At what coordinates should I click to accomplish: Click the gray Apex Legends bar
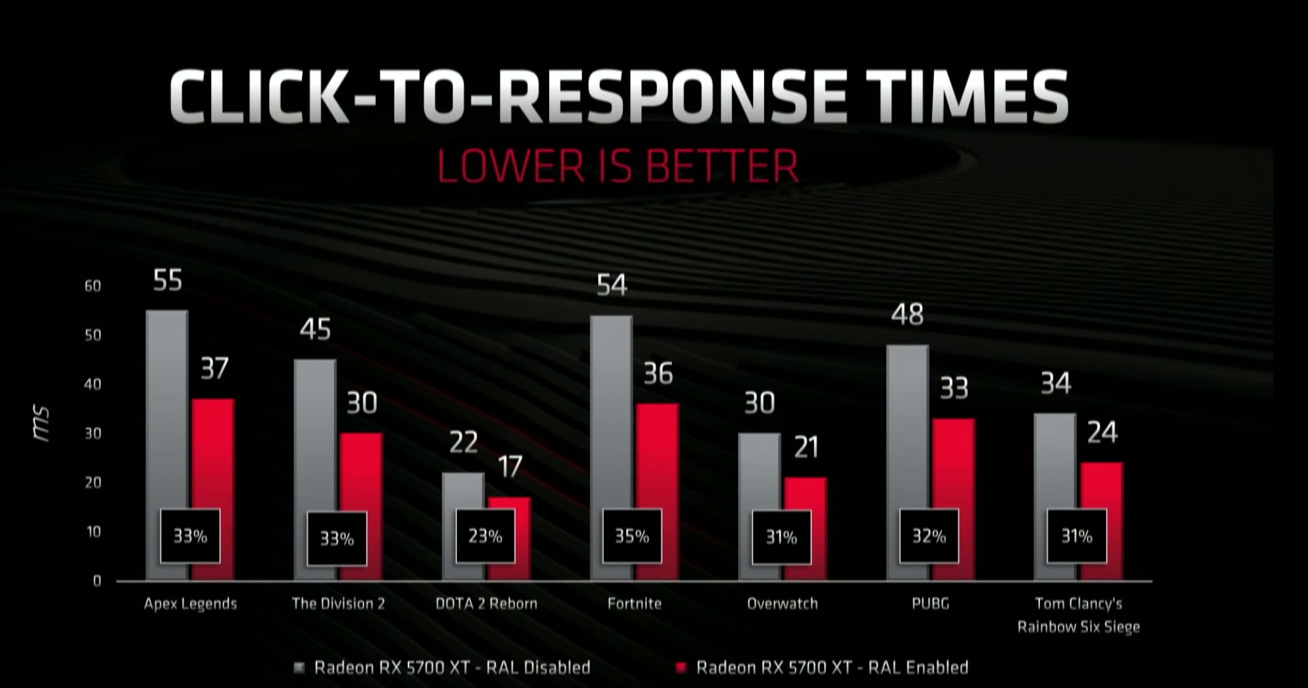(x=167, y=405)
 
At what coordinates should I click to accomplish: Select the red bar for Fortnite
(x=658, y=458)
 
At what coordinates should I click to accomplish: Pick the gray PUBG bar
(x=907, y=425)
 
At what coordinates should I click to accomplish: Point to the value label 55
(x=167, y=281)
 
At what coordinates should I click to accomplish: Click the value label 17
(x=510, y=467)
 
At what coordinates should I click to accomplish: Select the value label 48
(x=907, y=315)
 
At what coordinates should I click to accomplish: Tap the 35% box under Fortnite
(x=631, y=536)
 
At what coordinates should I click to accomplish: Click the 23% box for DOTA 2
(x=485, y=536)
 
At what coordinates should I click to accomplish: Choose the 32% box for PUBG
(x=929, y=536)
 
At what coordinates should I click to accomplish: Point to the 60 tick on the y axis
(x=93, y=286)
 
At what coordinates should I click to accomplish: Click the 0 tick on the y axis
(x=97, y=581)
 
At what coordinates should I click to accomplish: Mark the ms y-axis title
(x=42, y=424)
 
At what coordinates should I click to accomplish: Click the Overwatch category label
(x=782, y=604)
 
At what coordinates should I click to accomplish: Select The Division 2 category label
(x=338, y=604)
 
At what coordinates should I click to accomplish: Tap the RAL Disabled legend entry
(x=452, y=668)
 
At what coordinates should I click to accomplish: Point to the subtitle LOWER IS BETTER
(x=617, y=166)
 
